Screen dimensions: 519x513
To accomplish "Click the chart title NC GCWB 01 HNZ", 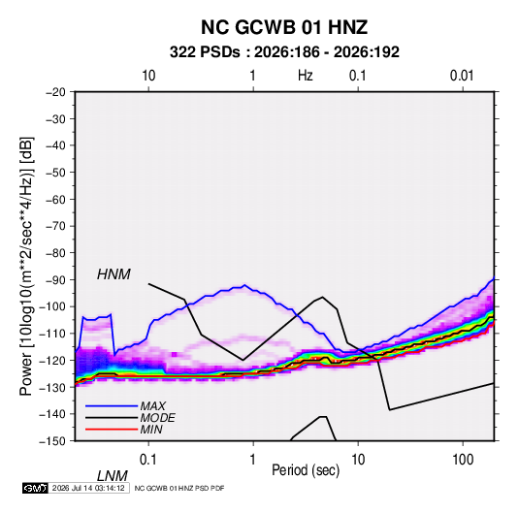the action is click(284, 27).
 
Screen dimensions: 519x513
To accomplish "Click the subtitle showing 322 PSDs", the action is click(284, 52).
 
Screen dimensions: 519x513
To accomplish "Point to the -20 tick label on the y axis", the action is click(55, 92).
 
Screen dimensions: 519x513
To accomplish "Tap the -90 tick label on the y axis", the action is click(55, 280).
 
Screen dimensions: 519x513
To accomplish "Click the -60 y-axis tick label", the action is click(55, 199).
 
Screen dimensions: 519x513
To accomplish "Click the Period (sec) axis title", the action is click(306, 470).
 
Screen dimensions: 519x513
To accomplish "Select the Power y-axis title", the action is click(26, 267).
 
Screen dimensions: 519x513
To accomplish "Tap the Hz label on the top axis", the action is click(306, 76).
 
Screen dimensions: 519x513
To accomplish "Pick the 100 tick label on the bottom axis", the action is click(463, 460).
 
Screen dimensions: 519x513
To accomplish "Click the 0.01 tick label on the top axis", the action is click(462, 76).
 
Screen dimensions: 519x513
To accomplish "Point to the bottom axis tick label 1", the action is click(253, 460).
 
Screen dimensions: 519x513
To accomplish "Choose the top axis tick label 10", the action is click(148, 76).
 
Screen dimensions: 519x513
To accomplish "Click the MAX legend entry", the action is click(153, 406).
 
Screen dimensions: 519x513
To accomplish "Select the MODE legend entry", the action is click(157, 418).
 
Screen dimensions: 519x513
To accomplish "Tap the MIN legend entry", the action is click(151, 430).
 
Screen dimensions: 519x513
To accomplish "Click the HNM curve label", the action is click(114, 274).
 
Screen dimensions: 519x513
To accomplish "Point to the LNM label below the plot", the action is click(113, 476).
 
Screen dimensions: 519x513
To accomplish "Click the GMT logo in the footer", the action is click(35, 488).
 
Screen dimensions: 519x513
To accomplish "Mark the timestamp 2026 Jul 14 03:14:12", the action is click(88, 488).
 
